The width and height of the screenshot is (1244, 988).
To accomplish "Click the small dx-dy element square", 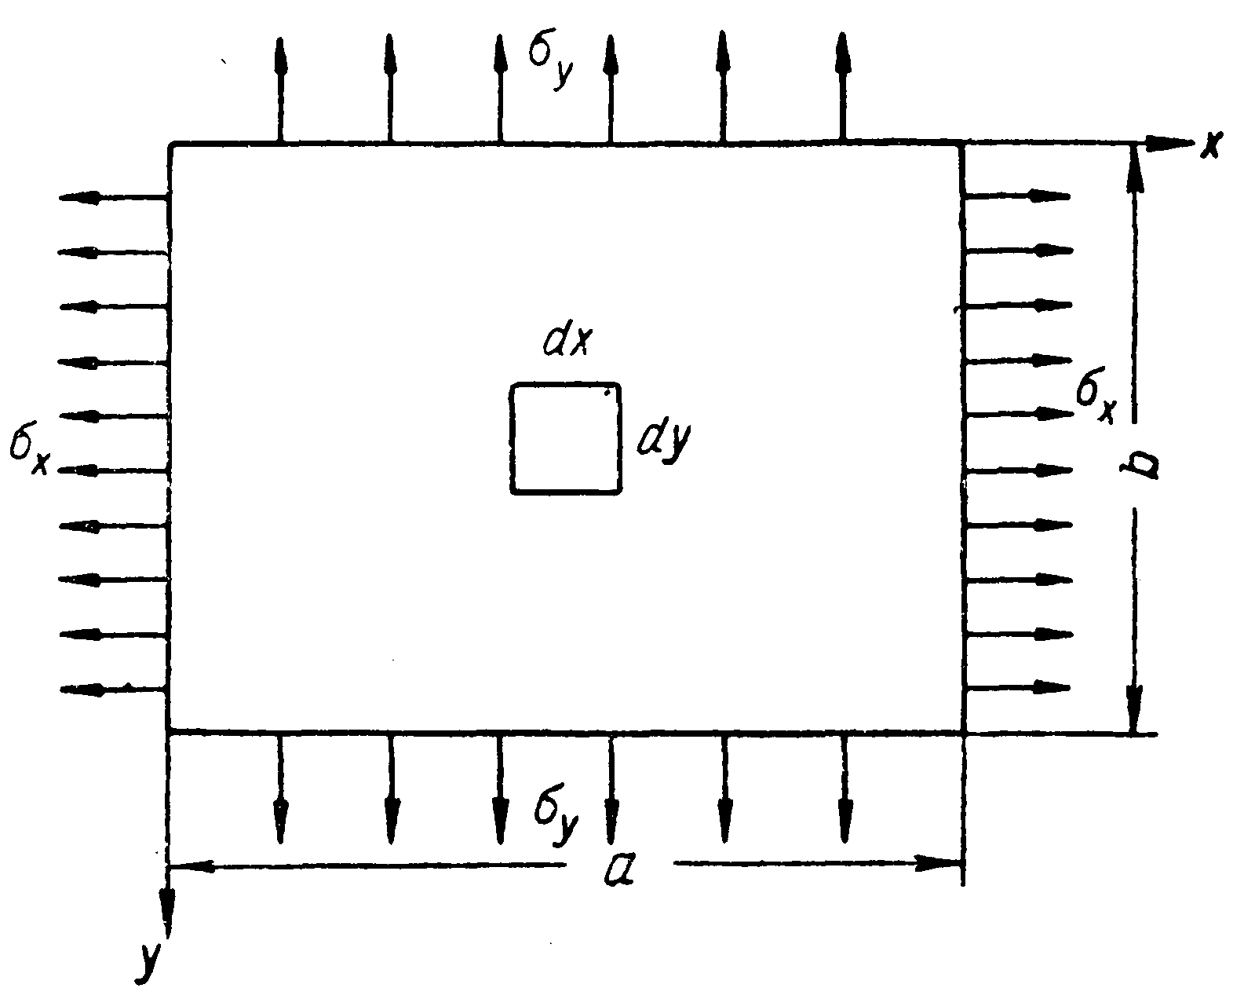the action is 566,438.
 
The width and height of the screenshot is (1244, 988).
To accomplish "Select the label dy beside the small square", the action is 664,441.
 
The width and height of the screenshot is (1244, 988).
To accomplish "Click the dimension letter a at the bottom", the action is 620,868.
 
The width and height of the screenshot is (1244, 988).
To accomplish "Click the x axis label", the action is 1211,145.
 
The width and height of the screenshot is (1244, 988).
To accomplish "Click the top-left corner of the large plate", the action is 170,145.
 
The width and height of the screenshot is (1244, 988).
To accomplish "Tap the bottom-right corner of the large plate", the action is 962,732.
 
